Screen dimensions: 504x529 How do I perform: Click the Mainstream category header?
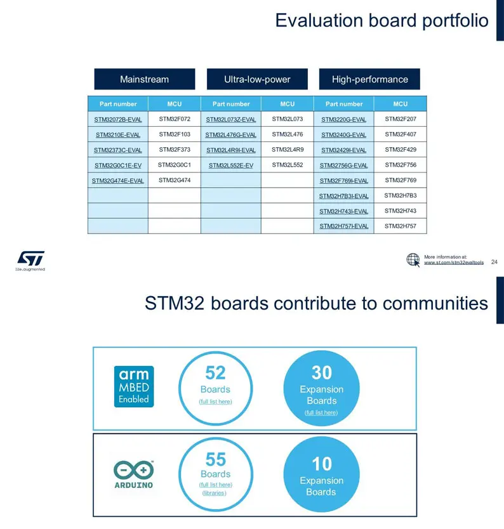[145, 79]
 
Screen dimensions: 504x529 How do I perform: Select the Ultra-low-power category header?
[257, 79]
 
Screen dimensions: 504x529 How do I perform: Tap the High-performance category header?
[369, 79]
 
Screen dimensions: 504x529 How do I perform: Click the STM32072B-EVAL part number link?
[118, 119]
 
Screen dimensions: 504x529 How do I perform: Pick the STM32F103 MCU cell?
[175, 134]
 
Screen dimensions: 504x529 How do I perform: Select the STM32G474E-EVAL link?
[118, 181]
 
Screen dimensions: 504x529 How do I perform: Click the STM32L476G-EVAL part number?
[231, 135]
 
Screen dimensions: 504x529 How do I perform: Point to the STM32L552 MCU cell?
[288, 165]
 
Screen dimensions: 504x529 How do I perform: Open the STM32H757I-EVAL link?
[343, 226]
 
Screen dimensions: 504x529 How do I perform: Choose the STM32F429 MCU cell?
[401, 150]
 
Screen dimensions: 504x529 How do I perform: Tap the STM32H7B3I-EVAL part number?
[343, 196]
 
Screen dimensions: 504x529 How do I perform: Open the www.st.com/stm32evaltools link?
[454, 263]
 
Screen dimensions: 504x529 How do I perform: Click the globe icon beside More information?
[413, 260]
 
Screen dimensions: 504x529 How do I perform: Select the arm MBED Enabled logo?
[134, 387]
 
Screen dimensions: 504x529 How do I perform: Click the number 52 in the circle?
[215, 373]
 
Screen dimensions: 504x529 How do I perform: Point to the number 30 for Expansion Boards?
[322, 373]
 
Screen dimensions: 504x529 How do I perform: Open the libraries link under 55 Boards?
[215, 493]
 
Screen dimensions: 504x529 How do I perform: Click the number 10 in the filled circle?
[322, 464]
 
